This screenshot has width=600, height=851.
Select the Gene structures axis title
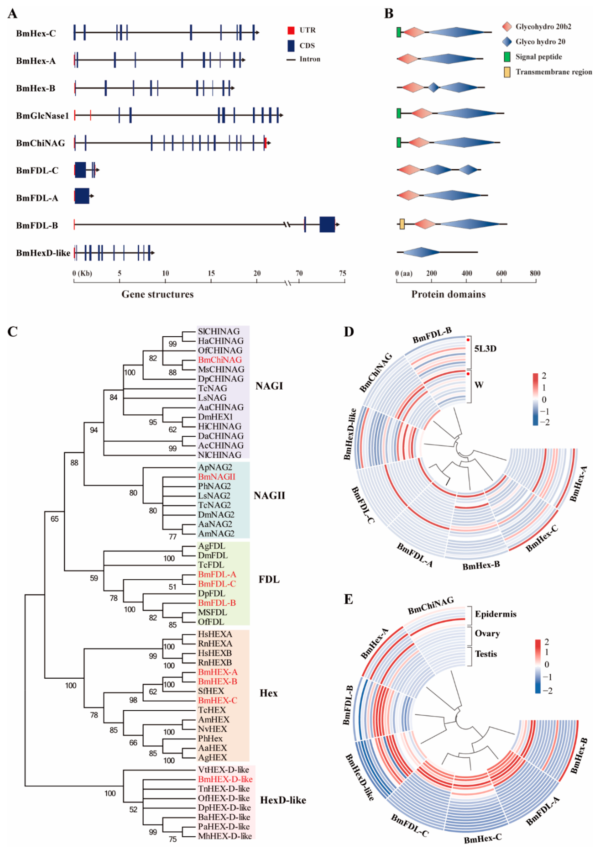click(157, 294)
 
